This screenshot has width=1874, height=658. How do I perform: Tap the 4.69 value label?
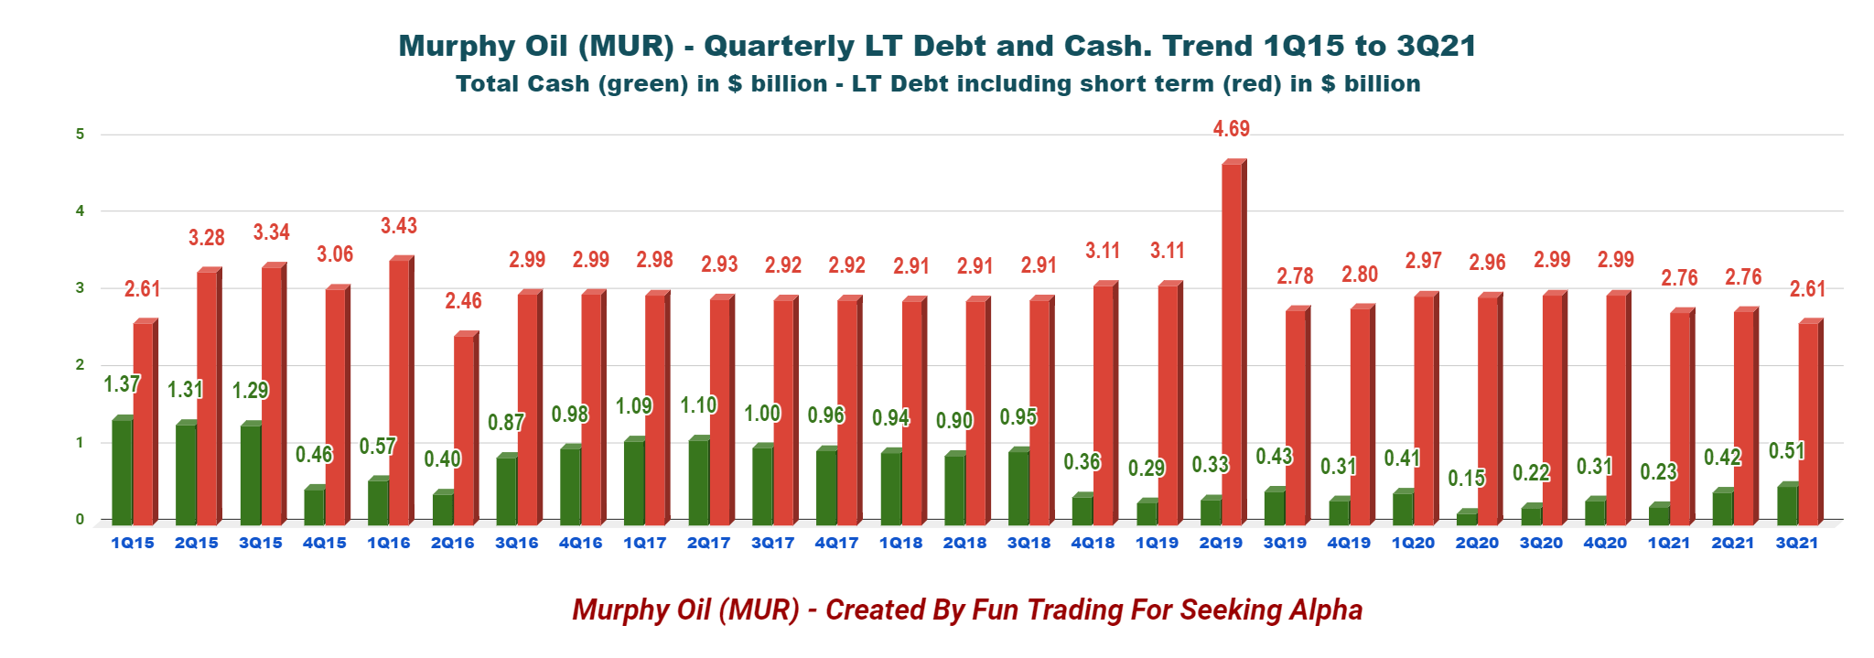click(x=1231, y=129)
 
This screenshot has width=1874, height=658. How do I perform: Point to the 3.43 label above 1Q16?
click(x=399, y=226)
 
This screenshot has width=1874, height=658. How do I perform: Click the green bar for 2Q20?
click(x=1467, y=518)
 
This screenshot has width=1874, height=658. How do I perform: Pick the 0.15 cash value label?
click(x=1467, y=479)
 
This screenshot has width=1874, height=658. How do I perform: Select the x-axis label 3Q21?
click(x=1797, y=543)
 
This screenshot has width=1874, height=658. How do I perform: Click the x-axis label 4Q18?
click(x=1093, y=543)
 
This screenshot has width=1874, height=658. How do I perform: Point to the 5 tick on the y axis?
click(x=81, y=135)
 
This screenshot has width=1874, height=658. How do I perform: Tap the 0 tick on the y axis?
click(x=81, y=519)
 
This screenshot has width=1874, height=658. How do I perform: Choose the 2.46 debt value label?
click(x=463, y=301)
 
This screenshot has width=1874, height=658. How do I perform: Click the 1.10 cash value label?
click(x=698, y=405)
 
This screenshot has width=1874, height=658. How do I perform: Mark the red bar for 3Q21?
click(x=1808, y=422)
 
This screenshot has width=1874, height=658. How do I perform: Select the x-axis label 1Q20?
click(x=1413, y=543)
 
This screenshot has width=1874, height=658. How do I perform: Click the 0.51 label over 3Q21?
click(x=1786, y=451)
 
